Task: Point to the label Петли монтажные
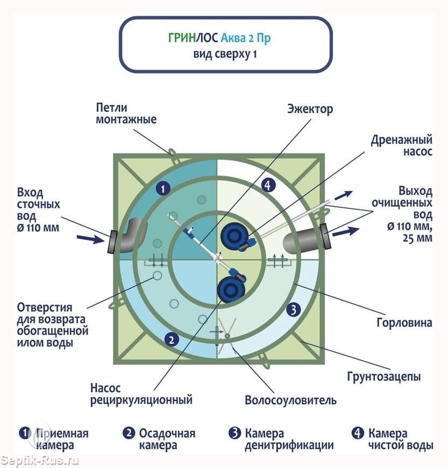126,113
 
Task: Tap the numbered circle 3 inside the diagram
294,309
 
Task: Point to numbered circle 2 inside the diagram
171,339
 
